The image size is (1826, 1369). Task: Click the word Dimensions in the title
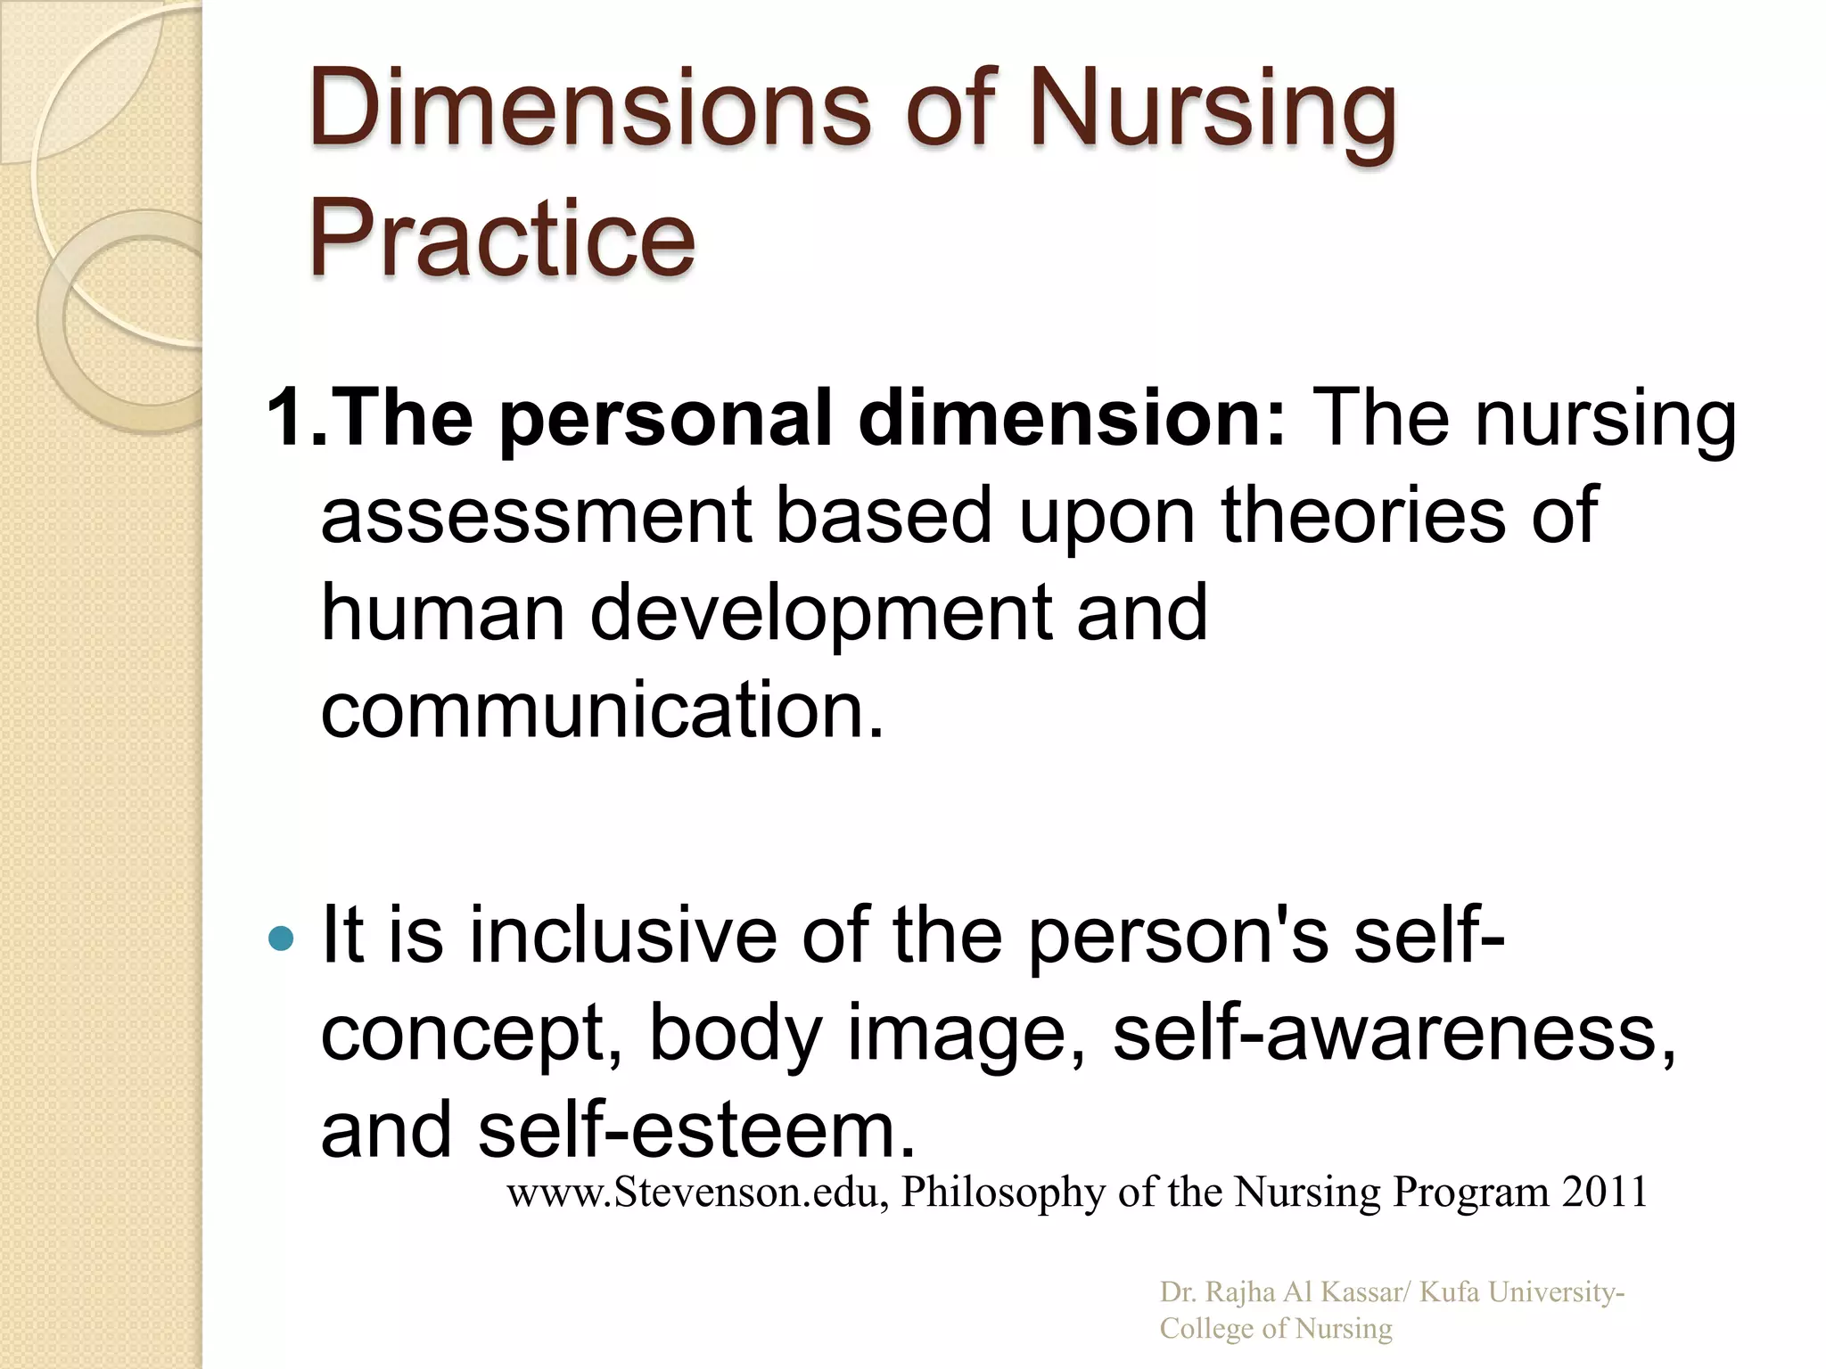pos(588,109)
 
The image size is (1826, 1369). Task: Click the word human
pos(442,612)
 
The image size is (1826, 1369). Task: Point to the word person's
pos(1178,936)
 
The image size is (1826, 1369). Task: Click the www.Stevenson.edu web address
pos(695,1192)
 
